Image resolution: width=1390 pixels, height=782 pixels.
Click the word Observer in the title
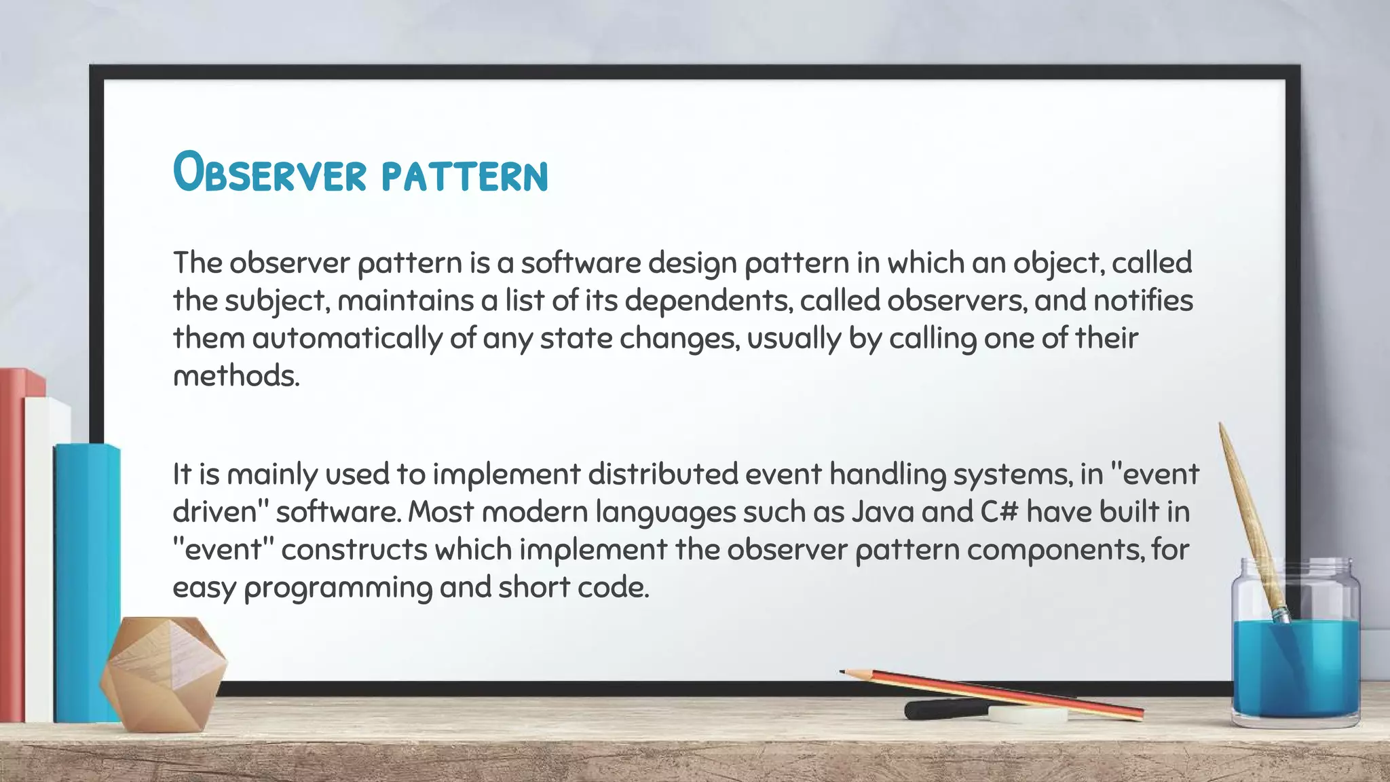click(x=269, y=173)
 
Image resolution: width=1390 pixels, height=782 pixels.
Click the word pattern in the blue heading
click(x=464, y=176)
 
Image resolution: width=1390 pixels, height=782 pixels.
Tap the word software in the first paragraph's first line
click(x=580, y=263)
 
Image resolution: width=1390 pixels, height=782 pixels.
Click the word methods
click(x=236, y=375)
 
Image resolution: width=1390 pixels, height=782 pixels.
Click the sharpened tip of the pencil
click(x=843, y=672)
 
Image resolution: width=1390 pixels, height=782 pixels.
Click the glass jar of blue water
click(x=1295, y=652)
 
